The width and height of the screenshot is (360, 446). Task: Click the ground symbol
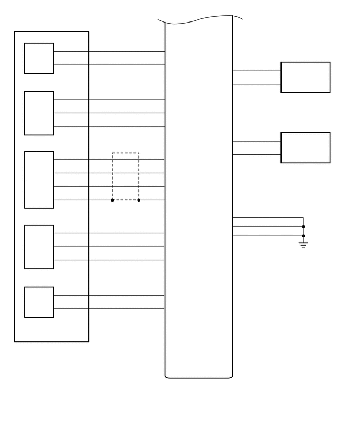[303, 244]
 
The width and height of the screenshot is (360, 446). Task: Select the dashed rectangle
[126, 153]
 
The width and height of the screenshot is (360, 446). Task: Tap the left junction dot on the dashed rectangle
[113, 200]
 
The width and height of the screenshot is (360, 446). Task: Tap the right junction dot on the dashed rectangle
[139, 200]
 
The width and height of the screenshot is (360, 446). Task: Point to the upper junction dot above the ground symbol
[303, 227]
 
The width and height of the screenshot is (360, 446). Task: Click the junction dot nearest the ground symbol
[303, 236]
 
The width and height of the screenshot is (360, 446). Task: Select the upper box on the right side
[305, 77]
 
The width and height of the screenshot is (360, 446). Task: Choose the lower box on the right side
[305, 148]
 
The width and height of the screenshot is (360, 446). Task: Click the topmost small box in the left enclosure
[39, 58]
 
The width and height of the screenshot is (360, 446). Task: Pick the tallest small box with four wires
[39, 180]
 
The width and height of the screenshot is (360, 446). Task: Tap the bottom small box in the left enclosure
[39, 302]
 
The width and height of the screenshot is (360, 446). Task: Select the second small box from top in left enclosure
[39, 113]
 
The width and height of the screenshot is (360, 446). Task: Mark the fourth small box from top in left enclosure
[39, 247]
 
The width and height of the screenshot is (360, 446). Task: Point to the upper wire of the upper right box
[256, 71]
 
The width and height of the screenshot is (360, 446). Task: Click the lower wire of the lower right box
[256, 154]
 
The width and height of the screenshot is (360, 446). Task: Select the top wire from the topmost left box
[126, 51]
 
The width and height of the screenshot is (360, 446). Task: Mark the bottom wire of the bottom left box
[126, 309]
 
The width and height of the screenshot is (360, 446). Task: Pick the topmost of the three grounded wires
[267, 218]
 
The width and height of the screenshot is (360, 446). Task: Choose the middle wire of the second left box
[126, 113]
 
